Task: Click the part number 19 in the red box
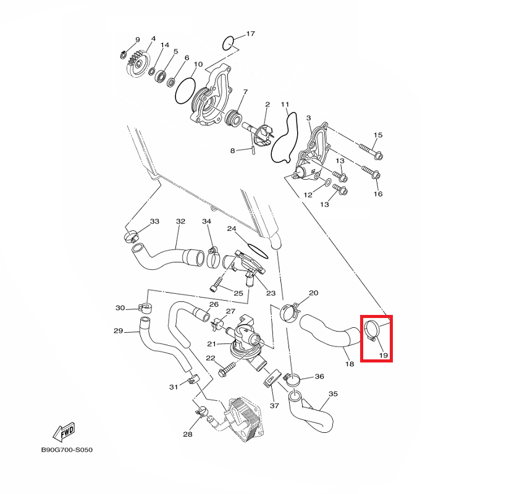(x=382, y=356)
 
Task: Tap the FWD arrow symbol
(x=64, y=430)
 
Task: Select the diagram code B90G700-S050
(x=67, y=450)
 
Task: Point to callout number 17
(x=250, y=33)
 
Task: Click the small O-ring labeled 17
(x=228, y=43)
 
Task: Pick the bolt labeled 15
(x=369, y=150)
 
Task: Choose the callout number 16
(x=377, y=194)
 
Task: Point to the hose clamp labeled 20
(x=290, y=311)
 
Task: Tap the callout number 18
(x=349, y=364)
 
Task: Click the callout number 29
(x=119, y=331)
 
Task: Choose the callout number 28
(x=187, y=435)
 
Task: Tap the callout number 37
(x=274, y=406)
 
